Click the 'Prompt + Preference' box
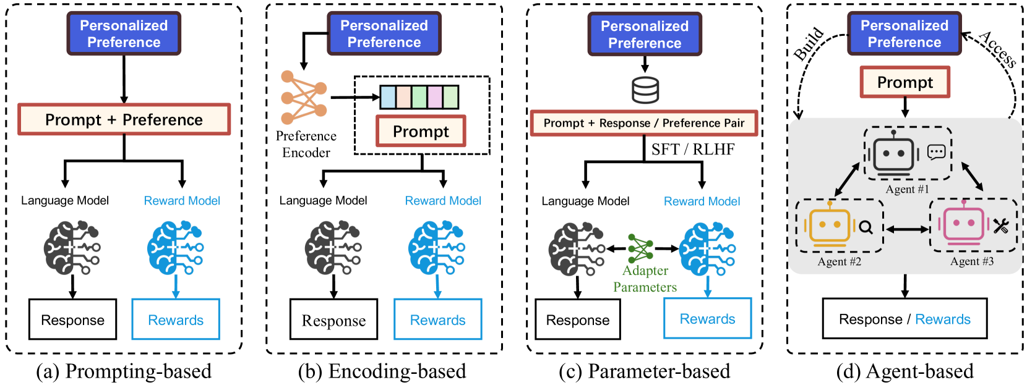124,119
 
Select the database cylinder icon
645,90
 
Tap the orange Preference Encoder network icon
303,97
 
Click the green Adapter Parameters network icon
640,248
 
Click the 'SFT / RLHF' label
692,150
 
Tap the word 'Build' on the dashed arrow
809,44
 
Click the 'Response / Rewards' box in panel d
905,319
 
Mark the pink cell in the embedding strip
435,98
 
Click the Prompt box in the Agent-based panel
905,82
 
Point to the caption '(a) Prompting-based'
124,371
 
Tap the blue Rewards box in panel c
707,319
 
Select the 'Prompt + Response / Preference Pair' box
644,123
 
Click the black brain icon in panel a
72,248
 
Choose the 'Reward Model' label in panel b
443,201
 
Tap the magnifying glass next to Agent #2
866,227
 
